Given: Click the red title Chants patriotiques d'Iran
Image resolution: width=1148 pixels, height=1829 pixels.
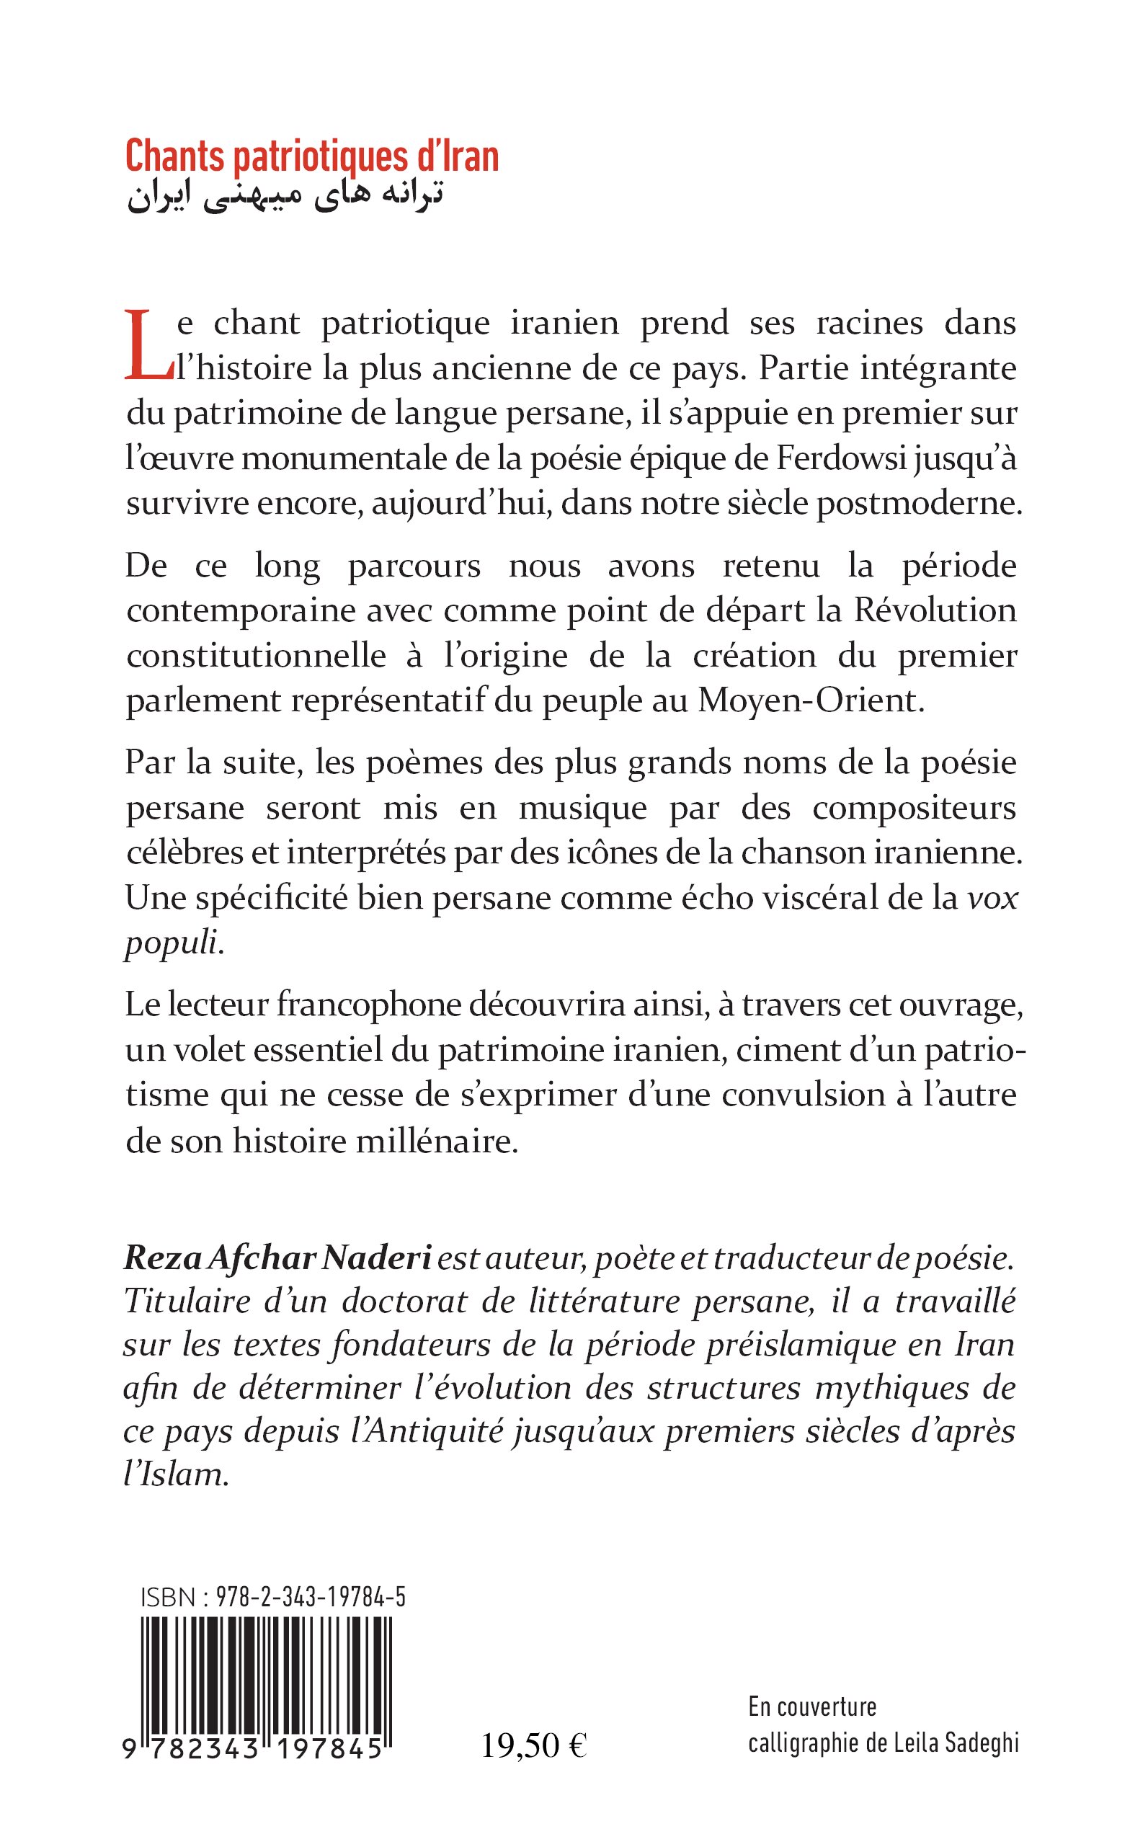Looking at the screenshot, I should tap(311, 156).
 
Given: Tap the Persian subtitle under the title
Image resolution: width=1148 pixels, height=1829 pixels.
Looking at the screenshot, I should tap(284, 196).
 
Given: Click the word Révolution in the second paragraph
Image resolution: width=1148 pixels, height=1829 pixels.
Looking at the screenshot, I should tap(935, 610).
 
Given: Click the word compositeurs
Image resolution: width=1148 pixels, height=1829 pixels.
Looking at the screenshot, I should tap(913, 808).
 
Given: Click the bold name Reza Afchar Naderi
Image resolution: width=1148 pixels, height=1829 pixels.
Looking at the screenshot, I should tap(277, 1258).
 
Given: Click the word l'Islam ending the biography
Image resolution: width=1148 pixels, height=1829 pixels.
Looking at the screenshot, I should tap(175, 1476).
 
